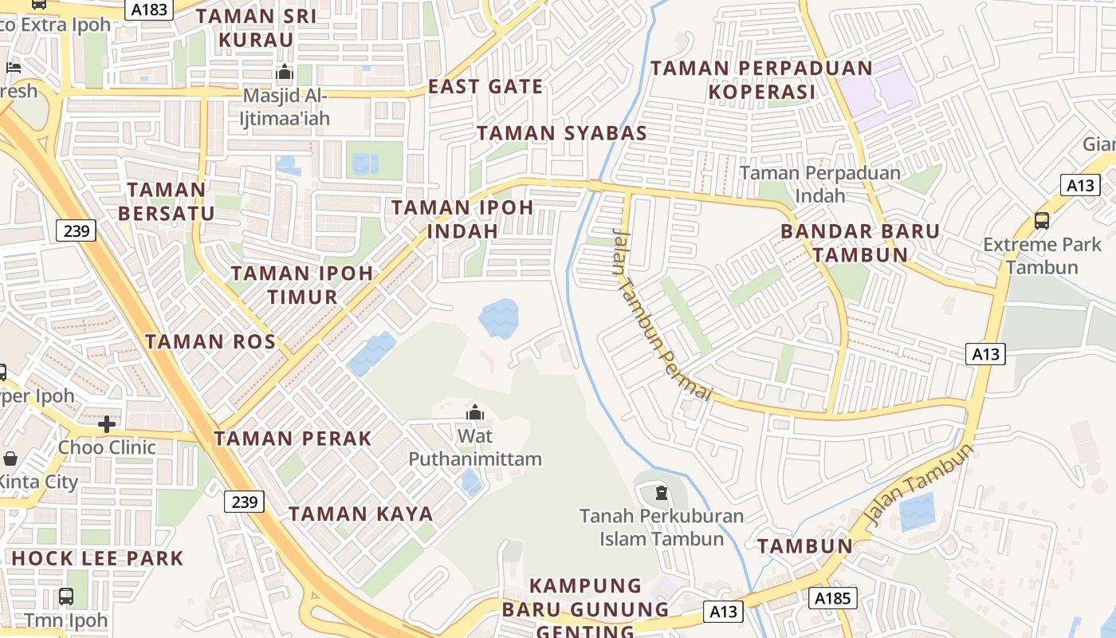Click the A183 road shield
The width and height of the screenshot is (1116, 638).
point(148,9)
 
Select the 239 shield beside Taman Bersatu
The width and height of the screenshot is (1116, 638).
point(77,231)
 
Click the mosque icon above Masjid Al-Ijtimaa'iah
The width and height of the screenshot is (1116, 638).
point(285,73)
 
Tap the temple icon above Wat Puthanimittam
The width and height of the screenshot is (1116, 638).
point(475,412)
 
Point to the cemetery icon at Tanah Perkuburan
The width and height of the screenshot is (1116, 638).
point(661,493)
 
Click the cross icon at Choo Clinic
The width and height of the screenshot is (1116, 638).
point(107,423)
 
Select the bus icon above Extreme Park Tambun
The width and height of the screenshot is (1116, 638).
point(1041,221)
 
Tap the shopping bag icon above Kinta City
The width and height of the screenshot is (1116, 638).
point(10,459)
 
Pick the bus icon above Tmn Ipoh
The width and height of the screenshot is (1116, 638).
point(66,596)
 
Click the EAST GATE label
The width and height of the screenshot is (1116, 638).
point(485,86)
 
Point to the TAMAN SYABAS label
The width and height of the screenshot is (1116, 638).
point(562,133)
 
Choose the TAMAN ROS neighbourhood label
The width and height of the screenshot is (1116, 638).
point(210,342)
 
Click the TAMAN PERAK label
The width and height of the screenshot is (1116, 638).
point(293,438)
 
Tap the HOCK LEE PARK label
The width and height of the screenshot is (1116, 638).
point(97,558)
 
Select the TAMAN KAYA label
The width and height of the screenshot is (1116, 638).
point(360,514)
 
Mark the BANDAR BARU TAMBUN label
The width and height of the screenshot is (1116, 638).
point(860,243)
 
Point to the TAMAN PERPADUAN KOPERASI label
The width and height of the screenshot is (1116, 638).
point(762,80)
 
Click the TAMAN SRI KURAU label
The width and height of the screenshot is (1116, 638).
point(256,27)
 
